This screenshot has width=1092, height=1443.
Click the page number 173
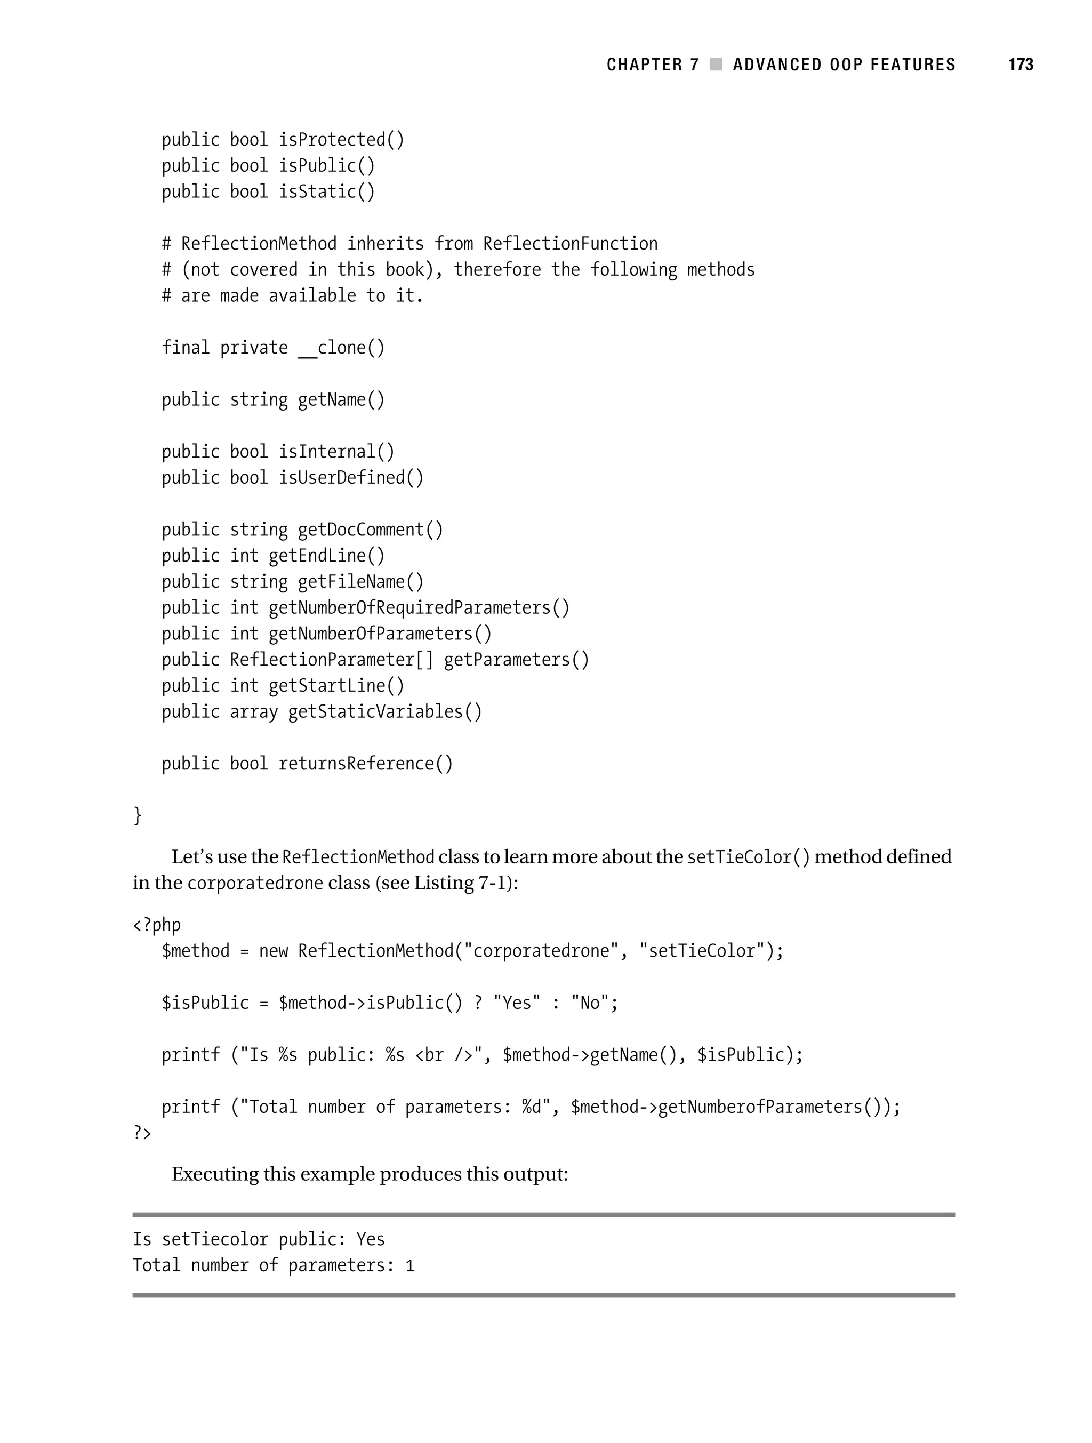[x=1020, y=65]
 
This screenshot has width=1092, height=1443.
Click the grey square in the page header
[x=716, y=65]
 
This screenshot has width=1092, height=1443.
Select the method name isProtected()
[x=341, y=140]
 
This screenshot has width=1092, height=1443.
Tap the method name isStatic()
[x=327, y=192]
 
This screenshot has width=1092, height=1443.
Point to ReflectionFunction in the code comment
[x=570, y=244]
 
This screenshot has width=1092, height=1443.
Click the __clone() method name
[x=341, y=348]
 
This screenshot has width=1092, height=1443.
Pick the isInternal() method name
[x=336, y=452]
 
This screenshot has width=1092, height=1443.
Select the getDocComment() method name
[x=370, y=530]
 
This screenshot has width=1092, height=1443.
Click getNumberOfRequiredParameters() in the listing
[x=419, y=608]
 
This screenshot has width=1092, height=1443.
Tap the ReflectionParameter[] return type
[x=331, y=660]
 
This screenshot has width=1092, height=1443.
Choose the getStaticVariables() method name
[x=385, y=712]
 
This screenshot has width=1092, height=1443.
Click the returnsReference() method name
[x=365, y=764]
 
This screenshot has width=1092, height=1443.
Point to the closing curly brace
[x=137, y=815]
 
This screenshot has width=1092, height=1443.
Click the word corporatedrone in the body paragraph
[x=255, y=883]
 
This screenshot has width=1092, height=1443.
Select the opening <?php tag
[x=157, y=925]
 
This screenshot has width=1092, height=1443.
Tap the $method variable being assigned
[x=196, y=951]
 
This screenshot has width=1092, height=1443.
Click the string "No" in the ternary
[x=590, y=1003]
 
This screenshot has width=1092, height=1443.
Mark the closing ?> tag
[x=142, y=1133]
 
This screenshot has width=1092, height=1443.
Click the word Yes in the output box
[x=371, y=1239]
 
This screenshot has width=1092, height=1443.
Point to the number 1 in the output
[x=409, y=1265]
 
